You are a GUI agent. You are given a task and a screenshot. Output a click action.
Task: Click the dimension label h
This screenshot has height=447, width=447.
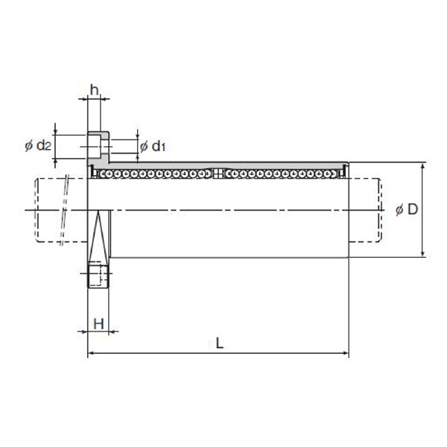coord(95,90)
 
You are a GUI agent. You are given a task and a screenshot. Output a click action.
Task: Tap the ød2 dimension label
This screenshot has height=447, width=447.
coord(38,146)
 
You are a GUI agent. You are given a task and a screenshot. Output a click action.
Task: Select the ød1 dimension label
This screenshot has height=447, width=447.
coord(153,146)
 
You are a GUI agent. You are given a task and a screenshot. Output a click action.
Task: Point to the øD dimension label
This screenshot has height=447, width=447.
coord(407,209)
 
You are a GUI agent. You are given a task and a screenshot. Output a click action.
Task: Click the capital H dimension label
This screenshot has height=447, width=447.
coord(98,324)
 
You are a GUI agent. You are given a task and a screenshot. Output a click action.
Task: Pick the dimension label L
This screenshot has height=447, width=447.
coord(219,343)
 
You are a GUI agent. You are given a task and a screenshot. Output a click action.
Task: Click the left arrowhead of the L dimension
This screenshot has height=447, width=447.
coord(91,353)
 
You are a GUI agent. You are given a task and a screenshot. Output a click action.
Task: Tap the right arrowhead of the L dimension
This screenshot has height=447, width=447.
coord(346,353)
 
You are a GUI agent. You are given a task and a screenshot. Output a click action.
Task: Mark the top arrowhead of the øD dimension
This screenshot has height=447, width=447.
coord(423,165)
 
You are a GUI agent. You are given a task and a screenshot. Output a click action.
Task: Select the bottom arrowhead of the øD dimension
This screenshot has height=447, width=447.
coord(423,253)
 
